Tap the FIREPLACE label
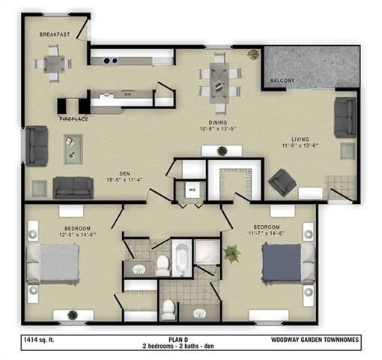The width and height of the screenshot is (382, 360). (73, 118)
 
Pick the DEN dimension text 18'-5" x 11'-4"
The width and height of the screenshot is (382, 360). (126, 180)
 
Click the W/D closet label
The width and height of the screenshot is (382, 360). (192, 190)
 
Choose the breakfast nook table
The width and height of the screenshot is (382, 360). (54, 64)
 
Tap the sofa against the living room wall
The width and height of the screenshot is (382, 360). (345, 116)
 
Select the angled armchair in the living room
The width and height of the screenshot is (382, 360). (283, 181)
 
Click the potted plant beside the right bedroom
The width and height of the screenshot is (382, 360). (231, 253)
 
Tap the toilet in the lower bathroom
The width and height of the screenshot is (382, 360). (169, 307)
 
